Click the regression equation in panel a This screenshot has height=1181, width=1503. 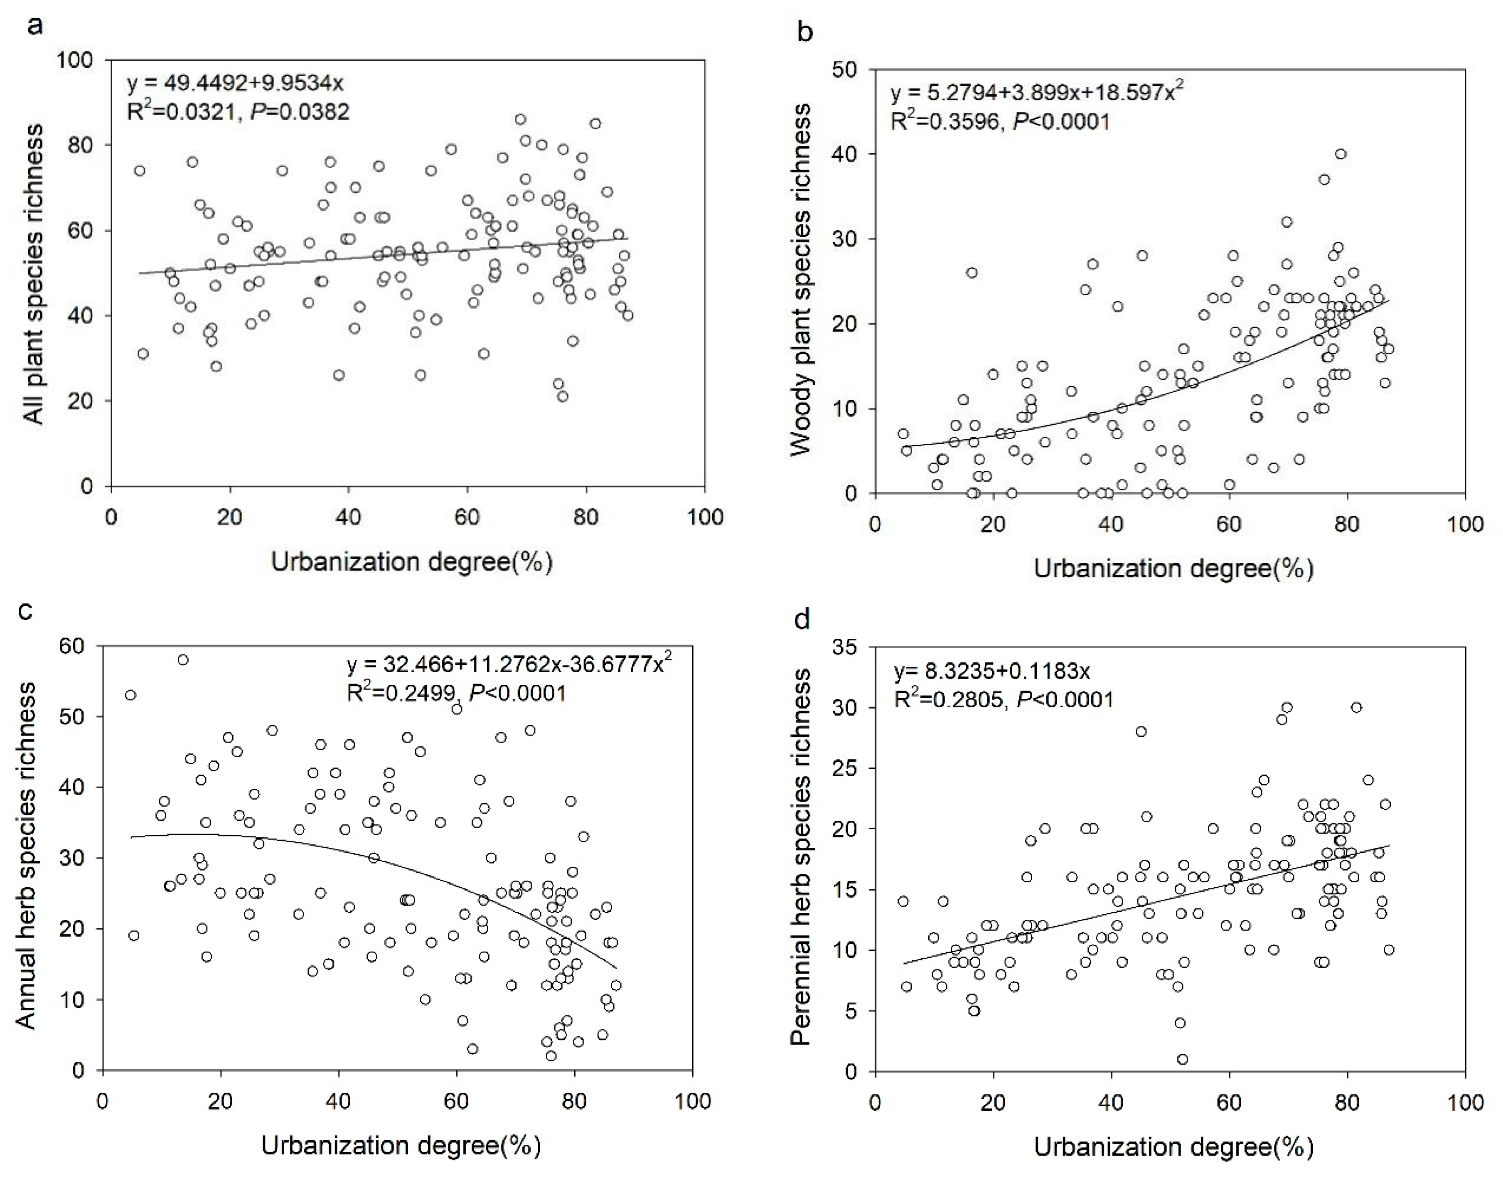235,84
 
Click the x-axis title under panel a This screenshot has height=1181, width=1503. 411,561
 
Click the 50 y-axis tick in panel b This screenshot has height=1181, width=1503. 845,69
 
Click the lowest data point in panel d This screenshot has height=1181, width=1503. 1182,1059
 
